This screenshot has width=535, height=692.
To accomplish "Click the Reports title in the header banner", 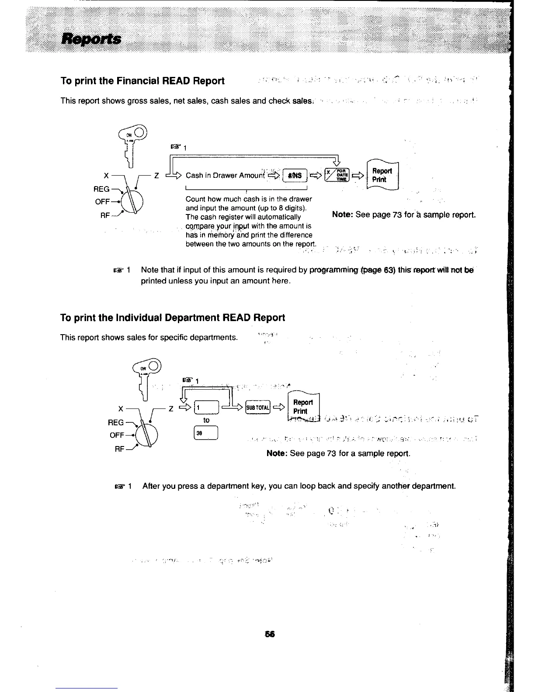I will [92, 39].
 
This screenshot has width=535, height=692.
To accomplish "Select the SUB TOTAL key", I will [258, 408].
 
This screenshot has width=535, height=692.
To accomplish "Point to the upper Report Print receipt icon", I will [382, 175].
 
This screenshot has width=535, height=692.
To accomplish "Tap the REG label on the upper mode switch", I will [102, 189].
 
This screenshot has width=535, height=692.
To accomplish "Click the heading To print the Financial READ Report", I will [142, 81].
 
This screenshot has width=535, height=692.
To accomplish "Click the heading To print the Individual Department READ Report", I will [173, 318].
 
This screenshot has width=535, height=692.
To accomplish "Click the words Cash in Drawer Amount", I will [226, 176].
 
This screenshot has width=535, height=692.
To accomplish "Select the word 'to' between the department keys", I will [206, 420].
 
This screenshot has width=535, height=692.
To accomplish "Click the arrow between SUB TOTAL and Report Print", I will [279, 408].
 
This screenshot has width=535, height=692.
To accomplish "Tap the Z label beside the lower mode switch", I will [171, 408].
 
